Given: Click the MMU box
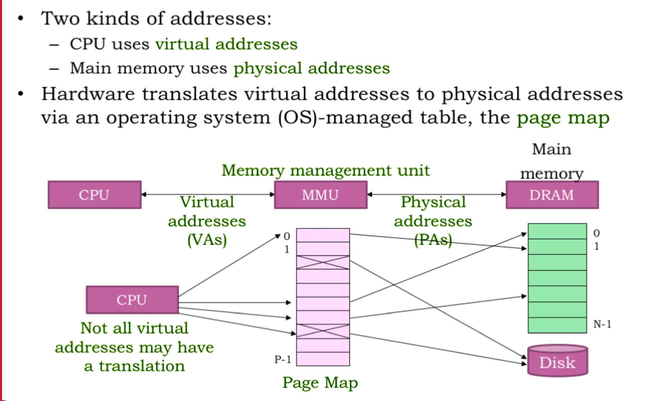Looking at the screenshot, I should pyautogui.click(x=321, y=195).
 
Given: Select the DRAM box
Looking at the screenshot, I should pyautogui.click(x=552, y=195).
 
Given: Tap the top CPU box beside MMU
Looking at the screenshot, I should pyautogui.click(x=94, y=195).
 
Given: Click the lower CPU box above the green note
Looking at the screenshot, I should pyautogui.click(x=132, y=300).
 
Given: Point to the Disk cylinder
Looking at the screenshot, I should pyautogui.click(x=558, y=362).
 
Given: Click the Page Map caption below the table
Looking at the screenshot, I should pyautogui.click(x=320, y=383).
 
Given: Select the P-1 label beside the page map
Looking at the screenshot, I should pyautogui.click(x=282, y=359).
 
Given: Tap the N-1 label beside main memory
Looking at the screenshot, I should pyautogui.click(x=602, y=324).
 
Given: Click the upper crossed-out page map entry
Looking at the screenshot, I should pyautogui.click(x=323, y=262).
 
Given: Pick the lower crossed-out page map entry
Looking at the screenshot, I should pyautogui.click(x=323, y=331).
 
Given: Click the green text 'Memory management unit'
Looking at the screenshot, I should pyautogui.click(x=325, y=171).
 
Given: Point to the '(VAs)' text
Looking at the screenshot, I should pyautogui.click(x=207, y=240).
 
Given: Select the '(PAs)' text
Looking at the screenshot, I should pyautogui.click(x=433, y=240).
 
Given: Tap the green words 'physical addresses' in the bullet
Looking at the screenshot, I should pyautogui.click(x=311, y=68).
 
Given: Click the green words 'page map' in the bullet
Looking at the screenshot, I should pyautogui.click(x=563, y=118).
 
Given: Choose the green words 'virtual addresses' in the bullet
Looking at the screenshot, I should pyautogui.click(x=226, y=44).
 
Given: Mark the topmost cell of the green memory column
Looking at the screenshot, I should pyautogui.click(x=557, y=231).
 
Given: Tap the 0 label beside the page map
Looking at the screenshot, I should pyautogui.click(x=287, y=236).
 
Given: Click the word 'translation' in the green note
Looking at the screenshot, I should pyautogui.click(x=142, y=366).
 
